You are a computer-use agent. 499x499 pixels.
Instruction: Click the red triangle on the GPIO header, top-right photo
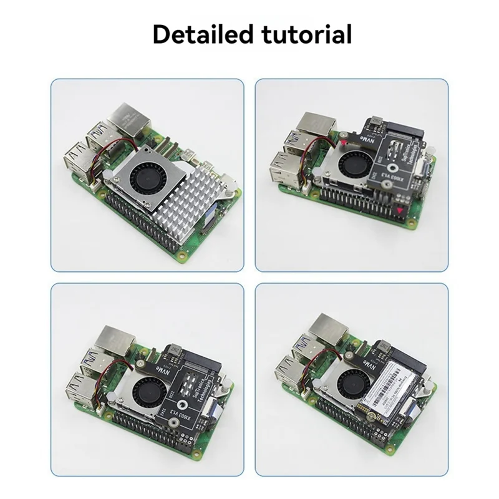tap(397, 212)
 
